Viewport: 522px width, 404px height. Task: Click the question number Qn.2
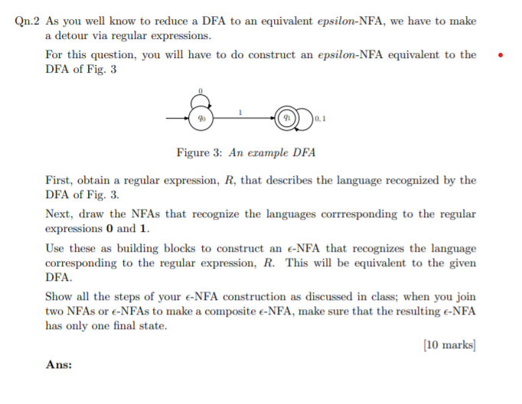pyautogui.click(x=28, y=21)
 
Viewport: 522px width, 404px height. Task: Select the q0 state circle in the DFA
pyautogui.click(x=201, y=119)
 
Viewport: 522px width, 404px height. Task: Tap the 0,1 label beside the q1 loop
pyautogui.click(x=319, y=119)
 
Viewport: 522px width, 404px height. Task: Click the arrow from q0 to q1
pyautogui.click(x=243, y=119)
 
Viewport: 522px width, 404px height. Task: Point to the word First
pyautogui.click(x=59, y=181)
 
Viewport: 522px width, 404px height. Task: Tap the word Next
pyautogui.click(x=60, y=214)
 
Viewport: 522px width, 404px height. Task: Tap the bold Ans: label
pyautogui.click(x=59, y=365)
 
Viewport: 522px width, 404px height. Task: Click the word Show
pyautogui.click(x=59, y=296)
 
